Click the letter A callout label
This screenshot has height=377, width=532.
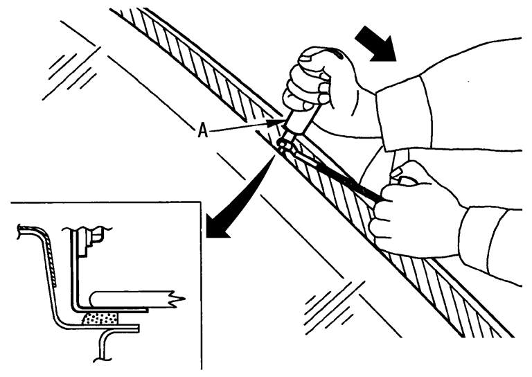click(x=202, y=131)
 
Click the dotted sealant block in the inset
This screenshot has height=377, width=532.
click(x=100, y=318)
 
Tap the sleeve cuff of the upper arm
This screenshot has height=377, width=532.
click(x=403, y=114)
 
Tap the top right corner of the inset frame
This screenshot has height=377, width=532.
click(x=201, y=202)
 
